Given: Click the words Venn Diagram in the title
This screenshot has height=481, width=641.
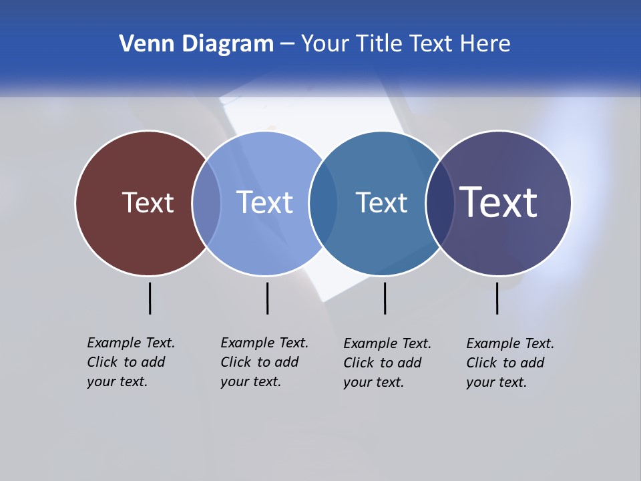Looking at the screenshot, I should point(196,44).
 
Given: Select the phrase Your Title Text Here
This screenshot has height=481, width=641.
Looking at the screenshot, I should point(405,44).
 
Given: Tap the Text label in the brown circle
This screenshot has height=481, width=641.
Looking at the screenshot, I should point(148,202).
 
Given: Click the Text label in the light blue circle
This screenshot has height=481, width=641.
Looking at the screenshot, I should point(265,202).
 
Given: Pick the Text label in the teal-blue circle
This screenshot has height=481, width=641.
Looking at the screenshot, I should point(381,202).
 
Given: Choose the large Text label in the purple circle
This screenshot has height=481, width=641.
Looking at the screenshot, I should point(499,202).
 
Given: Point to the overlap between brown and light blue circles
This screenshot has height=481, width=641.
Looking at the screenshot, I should point(206,203).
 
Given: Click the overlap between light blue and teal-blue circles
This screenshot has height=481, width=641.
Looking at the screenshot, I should point(323,203).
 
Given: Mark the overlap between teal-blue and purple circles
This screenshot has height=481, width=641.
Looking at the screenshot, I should point(439,203).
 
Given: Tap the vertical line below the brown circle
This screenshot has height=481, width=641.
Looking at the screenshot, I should point(150,298).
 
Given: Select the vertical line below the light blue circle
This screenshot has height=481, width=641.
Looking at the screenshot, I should point(267,298).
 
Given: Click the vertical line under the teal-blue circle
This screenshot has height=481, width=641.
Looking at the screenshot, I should point(385,298).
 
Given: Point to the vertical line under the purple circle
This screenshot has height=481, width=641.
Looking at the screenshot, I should point(497,298).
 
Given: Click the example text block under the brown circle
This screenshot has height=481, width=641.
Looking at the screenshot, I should point(131,362).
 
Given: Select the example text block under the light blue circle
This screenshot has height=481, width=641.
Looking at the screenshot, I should point(264,362).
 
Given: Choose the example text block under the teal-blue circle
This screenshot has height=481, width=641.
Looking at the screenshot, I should point(387,363).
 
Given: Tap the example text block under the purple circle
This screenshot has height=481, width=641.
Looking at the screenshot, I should point(510,363).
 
